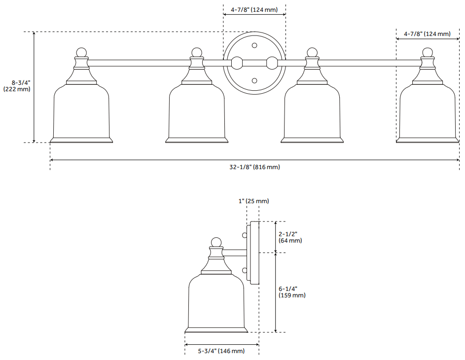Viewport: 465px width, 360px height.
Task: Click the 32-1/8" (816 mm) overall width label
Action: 254,167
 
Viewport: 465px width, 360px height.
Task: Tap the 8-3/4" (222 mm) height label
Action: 17,86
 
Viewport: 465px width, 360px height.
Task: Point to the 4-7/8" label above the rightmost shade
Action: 427,34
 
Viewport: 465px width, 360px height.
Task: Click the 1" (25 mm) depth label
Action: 253,201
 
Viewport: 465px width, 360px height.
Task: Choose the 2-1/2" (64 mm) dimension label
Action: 290,237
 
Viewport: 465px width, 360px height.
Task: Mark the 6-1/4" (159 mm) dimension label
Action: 291,292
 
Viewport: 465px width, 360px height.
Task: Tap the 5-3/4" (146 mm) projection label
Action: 221,351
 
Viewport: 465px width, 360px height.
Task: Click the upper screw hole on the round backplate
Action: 254,45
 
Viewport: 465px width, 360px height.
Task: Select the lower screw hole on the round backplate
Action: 254,80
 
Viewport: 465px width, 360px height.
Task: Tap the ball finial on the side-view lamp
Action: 215,242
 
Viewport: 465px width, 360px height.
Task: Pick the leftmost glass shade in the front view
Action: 81,113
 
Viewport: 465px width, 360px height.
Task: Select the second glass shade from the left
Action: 197,113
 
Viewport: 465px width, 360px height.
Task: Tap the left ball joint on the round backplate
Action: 237,63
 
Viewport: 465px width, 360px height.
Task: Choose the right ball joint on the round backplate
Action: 272,63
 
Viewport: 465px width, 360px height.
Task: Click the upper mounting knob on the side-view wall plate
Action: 245,236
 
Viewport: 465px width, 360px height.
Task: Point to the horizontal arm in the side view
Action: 235,253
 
